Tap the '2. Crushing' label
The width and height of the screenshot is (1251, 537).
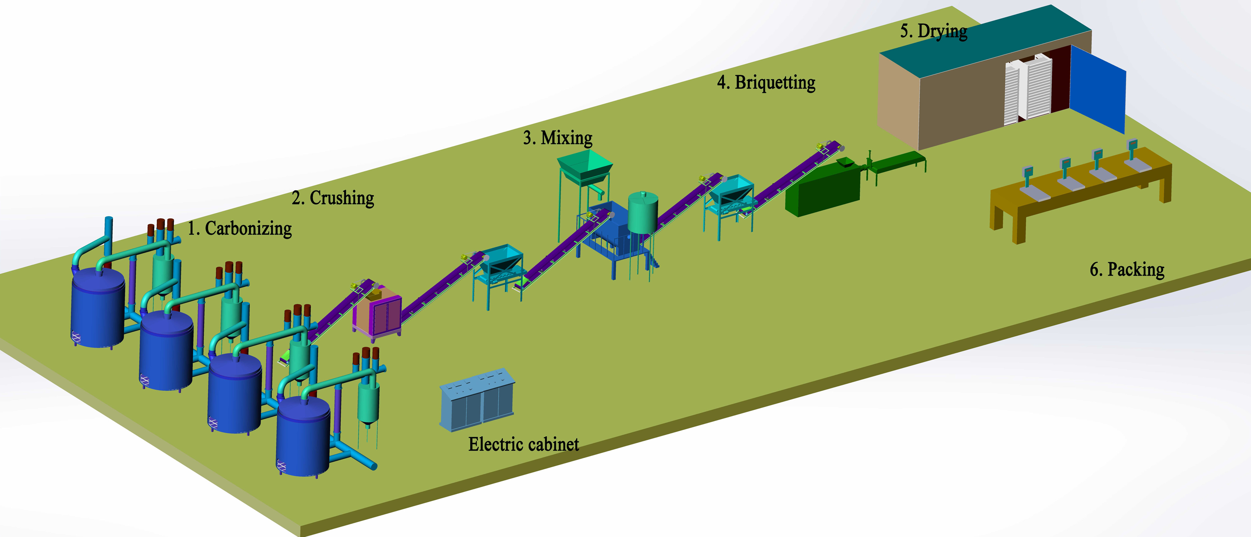[x=333, y=198]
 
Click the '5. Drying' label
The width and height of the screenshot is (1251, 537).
[x=933, y=31]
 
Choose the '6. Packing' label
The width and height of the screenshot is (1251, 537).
[x=1127, y=269]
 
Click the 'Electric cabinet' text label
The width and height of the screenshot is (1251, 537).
[x=524, y=444]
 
